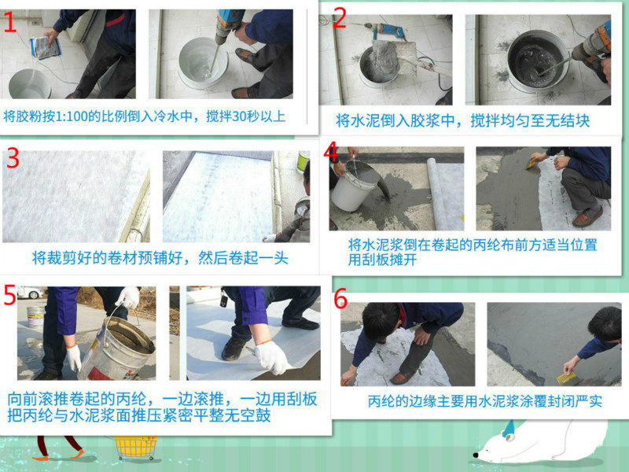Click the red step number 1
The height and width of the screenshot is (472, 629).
[9, 22]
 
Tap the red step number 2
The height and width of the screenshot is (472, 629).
[340, 17]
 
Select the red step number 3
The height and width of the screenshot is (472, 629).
[13, 158]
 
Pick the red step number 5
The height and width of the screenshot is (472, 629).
[9, 295]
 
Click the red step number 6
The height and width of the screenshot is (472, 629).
[340, 299]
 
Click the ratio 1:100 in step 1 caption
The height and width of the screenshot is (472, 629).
[71, 116]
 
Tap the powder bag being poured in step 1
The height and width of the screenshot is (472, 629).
[46, 47]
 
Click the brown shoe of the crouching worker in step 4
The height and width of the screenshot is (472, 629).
[587, 217]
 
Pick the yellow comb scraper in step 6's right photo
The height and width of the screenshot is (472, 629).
[565, 378]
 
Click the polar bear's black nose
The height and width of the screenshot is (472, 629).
[476, 455]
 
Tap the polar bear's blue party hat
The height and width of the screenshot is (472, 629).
[508, 428]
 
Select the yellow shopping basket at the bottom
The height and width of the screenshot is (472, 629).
[135, 448]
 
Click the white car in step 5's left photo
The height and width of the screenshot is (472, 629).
[31, 293]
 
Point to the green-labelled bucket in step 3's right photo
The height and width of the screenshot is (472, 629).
[303, 161]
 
